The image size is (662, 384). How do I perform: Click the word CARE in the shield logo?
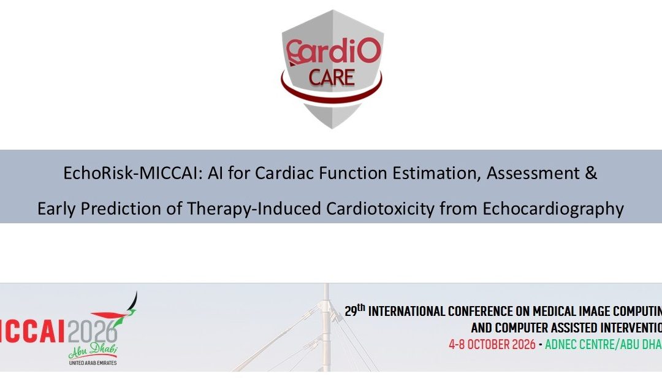(x=331, y=78)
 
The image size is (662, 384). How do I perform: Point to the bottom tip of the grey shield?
(x=331, y=127)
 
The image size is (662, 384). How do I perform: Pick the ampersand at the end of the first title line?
(x=591, y=173)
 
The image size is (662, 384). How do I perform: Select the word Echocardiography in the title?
(x=554, y=209)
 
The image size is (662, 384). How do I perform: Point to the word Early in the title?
(x=58, y=209)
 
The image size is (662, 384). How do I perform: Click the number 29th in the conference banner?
(x=354, y=311)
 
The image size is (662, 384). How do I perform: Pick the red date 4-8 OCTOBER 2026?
(x=490, y=344)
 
